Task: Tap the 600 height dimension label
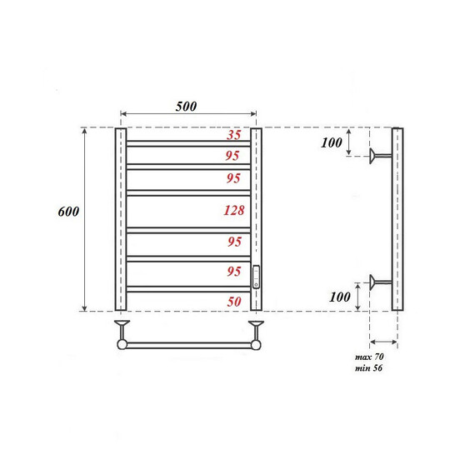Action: [68, 212]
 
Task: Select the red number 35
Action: [234, 135]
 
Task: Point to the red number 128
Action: [234, 211]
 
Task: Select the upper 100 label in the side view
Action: [331, 142]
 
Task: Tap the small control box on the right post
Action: [257, 276]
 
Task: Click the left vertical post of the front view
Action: [120, 219]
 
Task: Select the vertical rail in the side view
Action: [397, 219]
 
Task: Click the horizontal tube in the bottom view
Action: [187, 342]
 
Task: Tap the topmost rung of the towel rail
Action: [188, 143]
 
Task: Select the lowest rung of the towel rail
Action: [188, 288]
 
